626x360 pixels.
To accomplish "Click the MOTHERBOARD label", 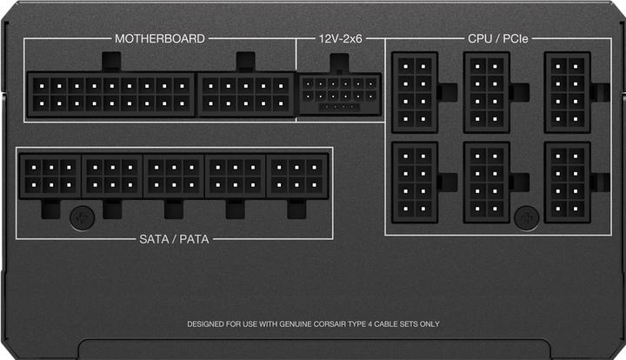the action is pos(160,39).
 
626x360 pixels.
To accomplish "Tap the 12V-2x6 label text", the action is pos(340,39).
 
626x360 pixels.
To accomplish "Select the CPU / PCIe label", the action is pos(498,39).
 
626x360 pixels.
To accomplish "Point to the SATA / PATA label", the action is pos(174,239).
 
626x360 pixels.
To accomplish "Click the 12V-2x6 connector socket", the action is pos(340,94).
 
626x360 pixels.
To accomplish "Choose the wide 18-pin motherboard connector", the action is pos(111,95).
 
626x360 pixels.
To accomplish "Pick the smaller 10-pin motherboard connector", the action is pos(246,95).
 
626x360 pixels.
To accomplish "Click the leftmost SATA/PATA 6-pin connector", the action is pos(50,177).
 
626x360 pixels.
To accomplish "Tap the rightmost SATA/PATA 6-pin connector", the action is pos(297,177).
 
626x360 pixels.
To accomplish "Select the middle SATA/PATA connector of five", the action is pos(174,177).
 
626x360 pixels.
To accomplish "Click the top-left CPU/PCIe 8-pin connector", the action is pos(415,92).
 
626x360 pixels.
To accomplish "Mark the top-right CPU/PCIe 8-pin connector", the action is pos(567,92).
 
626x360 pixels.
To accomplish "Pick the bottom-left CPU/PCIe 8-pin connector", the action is pos(415,182).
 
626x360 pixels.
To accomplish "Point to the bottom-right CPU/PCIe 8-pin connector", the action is pos(567,182).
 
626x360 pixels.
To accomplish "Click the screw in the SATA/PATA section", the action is pos(83,218).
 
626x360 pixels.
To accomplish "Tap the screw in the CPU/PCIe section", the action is pos(527,218).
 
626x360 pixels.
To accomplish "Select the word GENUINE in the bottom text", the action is pos(295,324).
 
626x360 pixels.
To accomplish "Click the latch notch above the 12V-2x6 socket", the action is pos(339,63).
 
